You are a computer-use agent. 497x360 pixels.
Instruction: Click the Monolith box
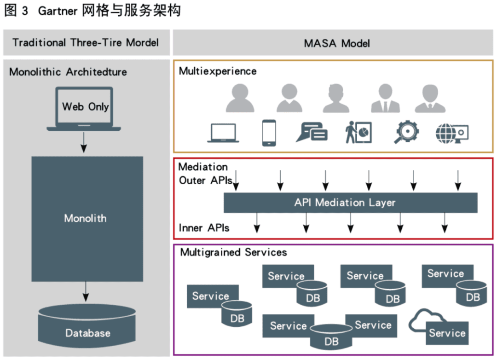[87, 219]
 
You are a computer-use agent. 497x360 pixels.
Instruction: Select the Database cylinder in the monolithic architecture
[87, 326]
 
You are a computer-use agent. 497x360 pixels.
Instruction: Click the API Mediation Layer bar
[350, 203]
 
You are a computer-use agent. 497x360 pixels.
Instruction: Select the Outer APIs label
[205, 180]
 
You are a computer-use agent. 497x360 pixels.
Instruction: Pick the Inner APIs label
[204, 227]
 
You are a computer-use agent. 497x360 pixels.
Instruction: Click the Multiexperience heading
[218, 71]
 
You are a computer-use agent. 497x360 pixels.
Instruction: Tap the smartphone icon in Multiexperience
[269, 133]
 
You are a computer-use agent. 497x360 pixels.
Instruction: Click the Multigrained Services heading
[233, 252]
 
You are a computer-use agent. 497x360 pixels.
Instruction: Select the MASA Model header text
[337, 43]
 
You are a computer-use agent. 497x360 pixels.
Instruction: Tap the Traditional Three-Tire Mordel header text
[86, 43]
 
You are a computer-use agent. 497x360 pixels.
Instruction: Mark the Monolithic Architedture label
[68, 72]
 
